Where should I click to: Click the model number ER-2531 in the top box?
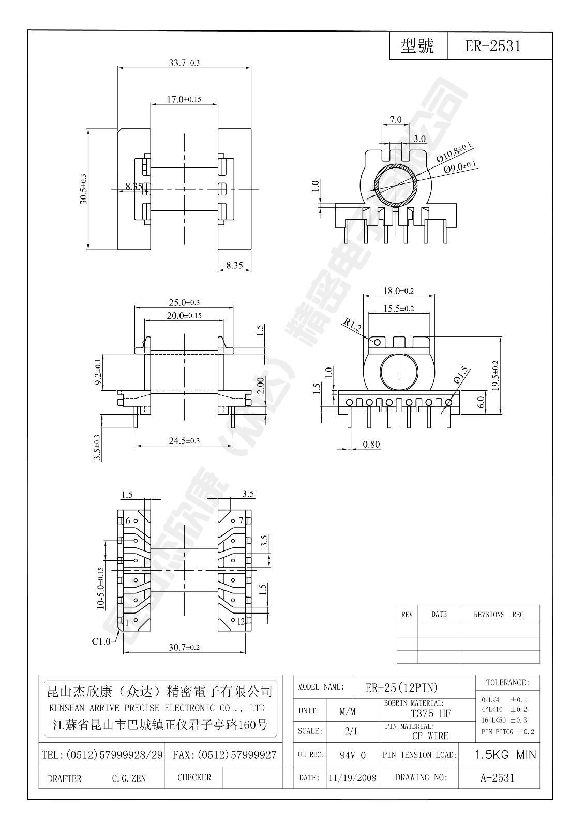492,47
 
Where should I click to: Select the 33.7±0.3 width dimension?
184,63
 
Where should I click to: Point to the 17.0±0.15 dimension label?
184,99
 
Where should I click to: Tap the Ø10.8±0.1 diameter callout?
455,153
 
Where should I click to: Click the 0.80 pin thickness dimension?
371,444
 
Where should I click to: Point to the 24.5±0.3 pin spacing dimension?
184,441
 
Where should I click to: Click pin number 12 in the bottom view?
241,622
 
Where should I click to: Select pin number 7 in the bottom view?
241,520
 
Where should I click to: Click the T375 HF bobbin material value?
430,714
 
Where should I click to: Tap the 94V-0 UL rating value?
353,755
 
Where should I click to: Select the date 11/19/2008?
352,778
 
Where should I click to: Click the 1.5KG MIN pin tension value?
505,755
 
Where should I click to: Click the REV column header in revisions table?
407,615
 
